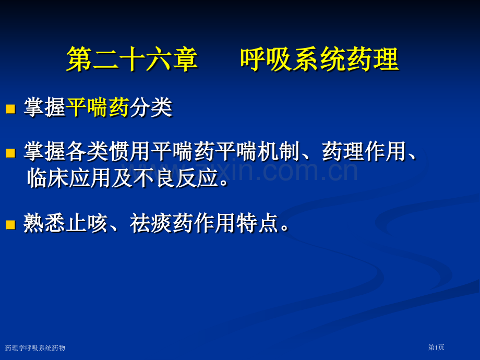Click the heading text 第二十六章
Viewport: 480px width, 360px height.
pos(132,59)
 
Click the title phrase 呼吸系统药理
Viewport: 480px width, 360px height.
pos(319,59)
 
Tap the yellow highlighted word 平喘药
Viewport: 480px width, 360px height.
pos(98,108)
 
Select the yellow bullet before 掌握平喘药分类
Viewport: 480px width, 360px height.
pos(10,109)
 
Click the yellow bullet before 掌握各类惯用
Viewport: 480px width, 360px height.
pos(10,152)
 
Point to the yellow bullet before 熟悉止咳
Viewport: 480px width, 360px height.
pos(10,224)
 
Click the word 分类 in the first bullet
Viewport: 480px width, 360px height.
pos(151,108)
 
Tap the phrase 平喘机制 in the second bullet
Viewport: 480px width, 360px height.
pos(257,152)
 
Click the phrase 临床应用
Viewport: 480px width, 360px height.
pos(68,178)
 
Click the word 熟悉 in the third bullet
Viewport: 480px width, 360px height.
pos(44,224)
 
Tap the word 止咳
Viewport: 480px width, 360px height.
pos(87,224)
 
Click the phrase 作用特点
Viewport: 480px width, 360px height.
pos(236,224)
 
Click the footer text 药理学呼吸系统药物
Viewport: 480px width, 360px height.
pos(35,348)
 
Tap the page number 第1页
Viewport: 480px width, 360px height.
pos(436,347)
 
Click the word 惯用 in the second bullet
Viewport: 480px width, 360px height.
pos(130,152)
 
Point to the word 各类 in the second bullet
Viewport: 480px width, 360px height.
pos(87,152)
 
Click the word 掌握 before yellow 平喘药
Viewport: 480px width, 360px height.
pos(44,108)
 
